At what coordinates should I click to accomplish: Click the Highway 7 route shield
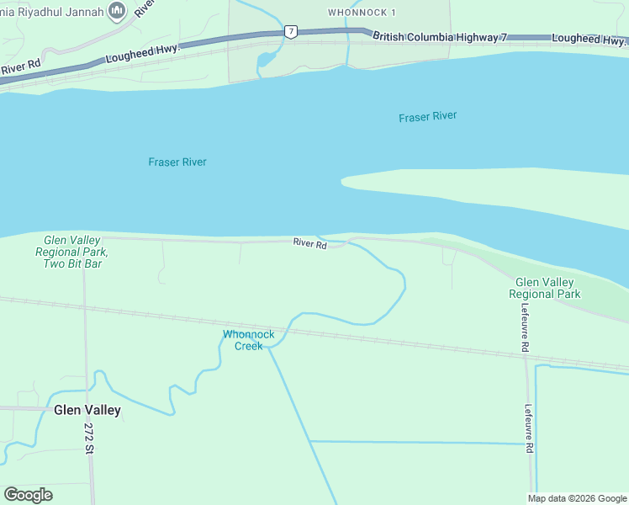pyautogui.click(x=290, y=32)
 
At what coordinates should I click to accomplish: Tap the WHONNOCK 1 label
pyautogui.click(x=361, y=13)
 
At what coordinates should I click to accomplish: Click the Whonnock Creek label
pyautogui.click(x=248, y=340)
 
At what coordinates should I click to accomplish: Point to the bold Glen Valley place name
pyautogui.click(x=87, y=411)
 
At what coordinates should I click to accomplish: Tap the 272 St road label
pyautogui.click(x=90, y=439)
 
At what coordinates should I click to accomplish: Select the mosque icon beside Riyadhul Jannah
pyautogui.click(x=117, y=11)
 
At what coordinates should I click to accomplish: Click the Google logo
pyautogui.click(x=28, y=495)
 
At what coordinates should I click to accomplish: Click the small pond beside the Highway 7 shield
pyautogui.click(x=266, y=60)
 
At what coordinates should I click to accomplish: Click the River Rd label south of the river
pyautogui.click(x=309, y=243)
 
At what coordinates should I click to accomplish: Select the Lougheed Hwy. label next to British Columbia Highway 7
pyautogui.click(x=589, y=39)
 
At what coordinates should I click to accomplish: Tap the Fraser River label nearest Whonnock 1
pyautogui.click(x=427, y=117)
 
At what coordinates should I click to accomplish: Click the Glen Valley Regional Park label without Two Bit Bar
pyautogui.click(x=544, y=288)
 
